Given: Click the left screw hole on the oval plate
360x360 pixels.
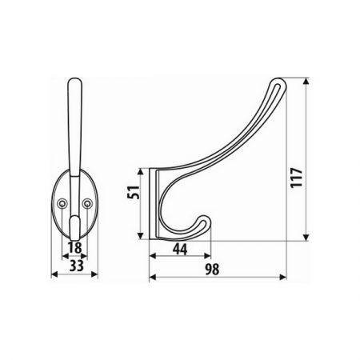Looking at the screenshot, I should pyautogui.click(x=63, y=205).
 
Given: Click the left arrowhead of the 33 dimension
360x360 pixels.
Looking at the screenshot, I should pyautogui.click(x=53, y=274).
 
